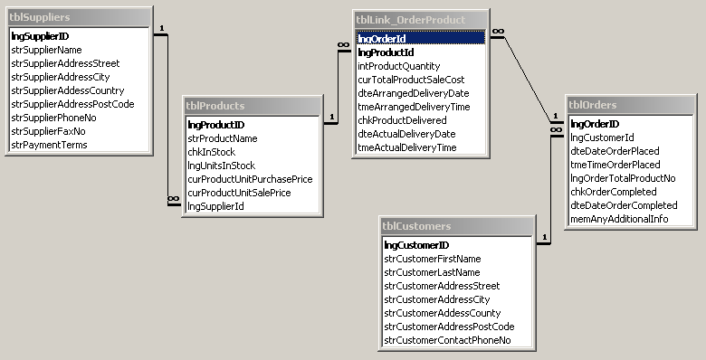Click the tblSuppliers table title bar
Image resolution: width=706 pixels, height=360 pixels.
click(77, 18)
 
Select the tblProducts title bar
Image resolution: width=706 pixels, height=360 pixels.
click(252, 106)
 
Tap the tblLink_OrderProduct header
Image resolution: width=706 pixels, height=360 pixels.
click(420, 19)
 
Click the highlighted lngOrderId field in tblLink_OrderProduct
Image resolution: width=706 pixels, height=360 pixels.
click(420, 39)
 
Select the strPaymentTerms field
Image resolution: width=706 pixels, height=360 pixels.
click(49, 145)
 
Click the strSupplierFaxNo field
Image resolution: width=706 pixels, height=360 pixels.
click(53, 131)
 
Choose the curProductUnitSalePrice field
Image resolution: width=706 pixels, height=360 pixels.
click(239, 193)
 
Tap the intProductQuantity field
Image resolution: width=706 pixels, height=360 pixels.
click(399, 66)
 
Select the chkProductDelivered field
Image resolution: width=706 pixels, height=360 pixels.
click(402, 120)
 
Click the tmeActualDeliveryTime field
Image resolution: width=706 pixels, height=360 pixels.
click(407, 147)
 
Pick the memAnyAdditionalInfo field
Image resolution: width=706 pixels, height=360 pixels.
click(619, 219)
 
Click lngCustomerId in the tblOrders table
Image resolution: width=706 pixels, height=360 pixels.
click(602, 137)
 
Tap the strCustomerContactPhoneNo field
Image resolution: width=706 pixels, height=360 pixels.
click(447, 340)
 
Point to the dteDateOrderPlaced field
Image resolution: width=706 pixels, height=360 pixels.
click(615, 151)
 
